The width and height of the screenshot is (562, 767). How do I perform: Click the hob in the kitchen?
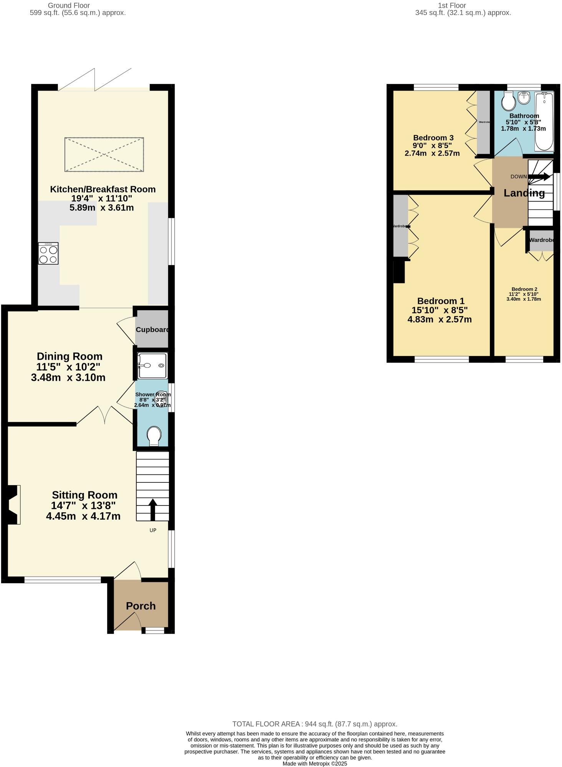tap(48, 253)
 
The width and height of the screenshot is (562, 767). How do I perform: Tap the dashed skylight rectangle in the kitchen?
tap(104, 155)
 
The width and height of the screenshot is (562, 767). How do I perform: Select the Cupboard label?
tap(152, 330)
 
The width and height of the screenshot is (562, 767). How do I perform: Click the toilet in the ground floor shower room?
tap(154, 436)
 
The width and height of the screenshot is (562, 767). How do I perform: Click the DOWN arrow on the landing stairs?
tap(539, 177)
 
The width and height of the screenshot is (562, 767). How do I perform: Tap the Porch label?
tap(141, 606)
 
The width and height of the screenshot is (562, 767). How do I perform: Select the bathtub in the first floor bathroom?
tap(544, 122)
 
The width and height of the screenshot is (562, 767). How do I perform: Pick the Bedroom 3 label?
tap(433, 138)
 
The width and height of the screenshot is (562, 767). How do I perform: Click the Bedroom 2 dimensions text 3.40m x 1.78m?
tap(524, 299)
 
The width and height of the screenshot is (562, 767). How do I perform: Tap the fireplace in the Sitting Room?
tap(13, 504)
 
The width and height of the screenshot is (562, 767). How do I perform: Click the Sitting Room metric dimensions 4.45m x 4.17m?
tap(83, 516)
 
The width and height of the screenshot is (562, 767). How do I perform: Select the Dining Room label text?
tap(69, 356)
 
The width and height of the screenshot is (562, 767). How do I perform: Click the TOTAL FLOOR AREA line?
tap(314, 724)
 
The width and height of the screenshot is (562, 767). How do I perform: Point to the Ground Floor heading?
tap(69, 5)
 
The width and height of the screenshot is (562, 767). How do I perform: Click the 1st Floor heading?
tap(452, 5)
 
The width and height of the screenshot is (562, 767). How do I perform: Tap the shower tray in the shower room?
tap(153, 366)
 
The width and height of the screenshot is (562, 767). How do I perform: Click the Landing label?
tap(524, 193)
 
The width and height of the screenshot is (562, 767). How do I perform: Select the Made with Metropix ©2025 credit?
tap(314, 764)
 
